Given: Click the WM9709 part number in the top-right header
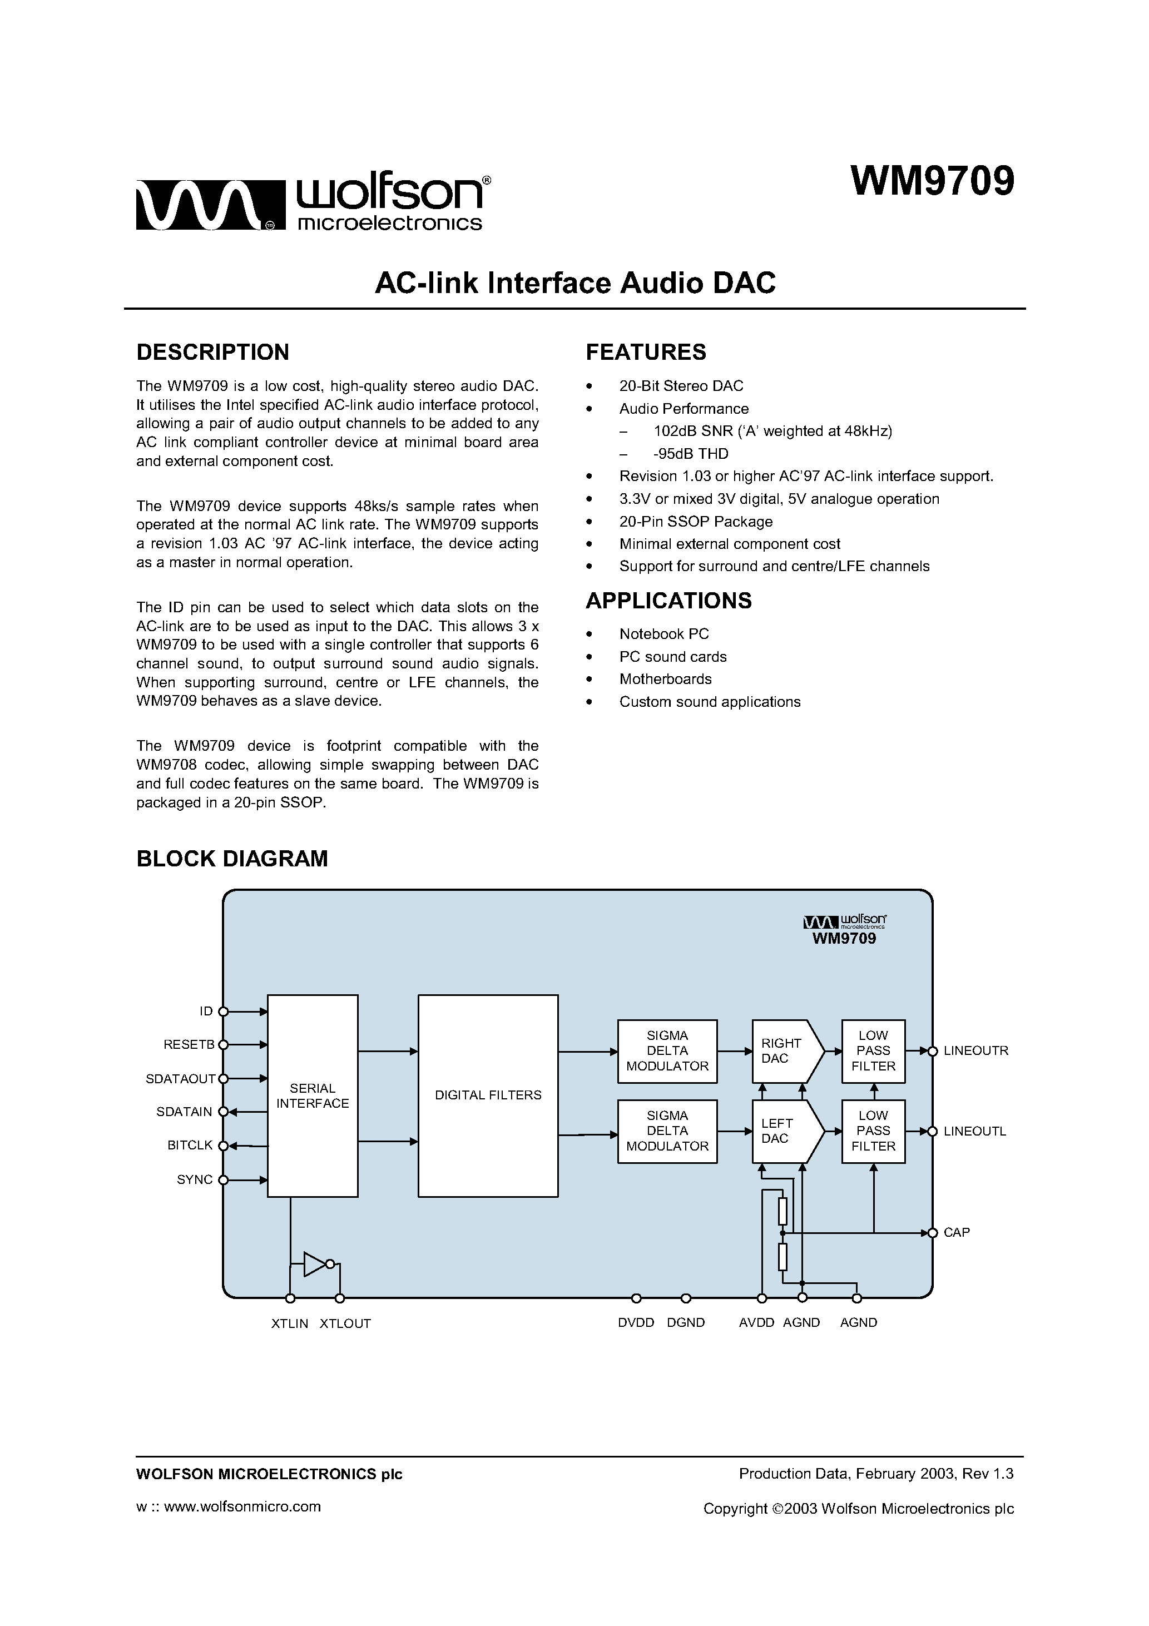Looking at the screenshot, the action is pyautogui.click(x=932, y=182).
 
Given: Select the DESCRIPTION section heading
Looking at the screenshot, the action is pyautogui.click(x=212, y=352).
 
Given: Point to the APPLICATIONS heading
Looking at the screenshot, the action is pyautogui.click(x=668, y=601).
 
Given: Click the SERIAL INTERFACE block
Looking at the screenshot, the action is pyautogui.click(x=313, y=1095).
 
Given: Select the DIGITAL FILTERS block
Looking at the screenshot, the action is pyautogui.click(x=488, y=1095).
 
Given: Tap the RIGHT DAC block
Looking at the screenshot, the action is pyautogui.click(x=782, y=1051).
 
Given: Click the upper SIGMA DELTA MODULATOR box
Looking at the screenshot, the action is pyautogui.click(x=667, y=1051).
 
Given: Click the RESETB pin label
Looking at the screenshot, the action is pyautogui.click(x=189, y=1044).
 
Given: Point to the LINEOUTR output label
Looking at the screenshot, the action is pyautogui.click(x=975, y=1051).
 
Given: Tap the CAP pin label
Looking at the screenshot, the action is pyautogui.click(x=957, y=1233).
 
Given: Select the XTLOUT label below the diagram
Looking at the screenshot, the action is pyautogui.click(x=345, y=1323).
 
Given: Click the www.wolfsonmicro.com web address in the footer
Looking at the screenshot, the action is pyautogui.click(x=242, y=1506).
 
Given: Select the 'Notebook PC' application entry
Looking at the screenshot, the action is pyautogui.click(x=663, y=634).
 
